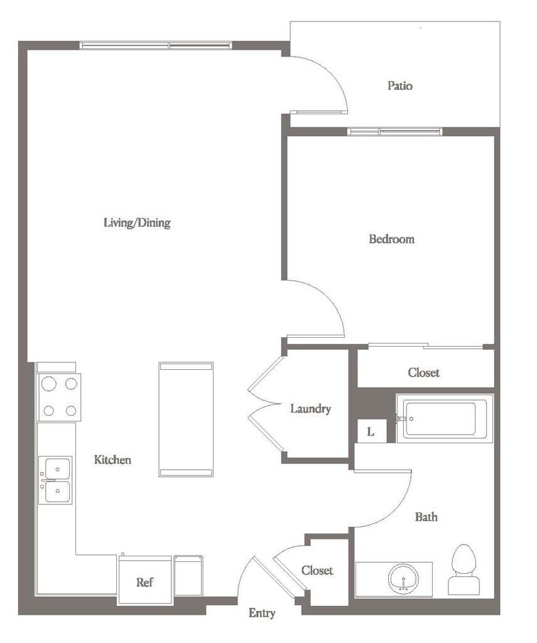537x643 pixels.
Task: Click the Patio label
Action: coord(400,85)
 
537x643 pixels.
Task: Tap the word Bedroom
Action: coord(392,239)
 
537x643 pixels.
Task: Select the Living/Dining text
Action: coord(137,223)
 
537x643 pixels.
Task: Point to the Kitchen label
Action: coord(113,459)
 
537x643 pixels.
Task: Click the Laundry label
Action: coord(310,409)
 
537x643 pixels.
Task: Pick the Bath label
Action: coord(426,517)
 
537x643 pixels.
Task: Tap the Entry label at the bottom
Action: coord(262,613)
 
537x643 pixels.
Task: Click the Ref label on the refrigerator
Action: coord(144,582)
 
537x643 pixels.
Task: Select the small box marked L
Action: coord(372,431)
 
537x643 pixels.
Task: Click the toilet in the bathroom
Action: coord(464,569)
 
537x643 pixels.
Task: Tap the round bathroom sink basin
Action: coord(404,579)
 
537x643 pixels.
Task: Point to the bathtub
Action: coord(445,419)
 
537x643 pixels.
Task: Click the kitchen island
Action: coord(186,419)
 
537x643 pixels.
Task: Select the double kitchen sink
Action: coord(56,480)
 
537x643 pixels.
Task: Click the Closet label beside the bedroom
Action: coord(424,372)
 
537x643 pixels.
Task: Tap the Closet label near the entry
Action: coord(317,570)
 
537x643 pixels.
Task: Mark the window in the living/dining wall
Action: coord(156,45)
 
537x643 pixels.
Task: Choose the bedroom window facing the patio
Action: coord(394,132)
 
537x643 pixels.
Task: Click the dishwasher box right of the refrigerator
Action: coord(188,576)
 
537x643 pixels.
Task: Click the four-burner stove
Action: coord(58,397)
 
